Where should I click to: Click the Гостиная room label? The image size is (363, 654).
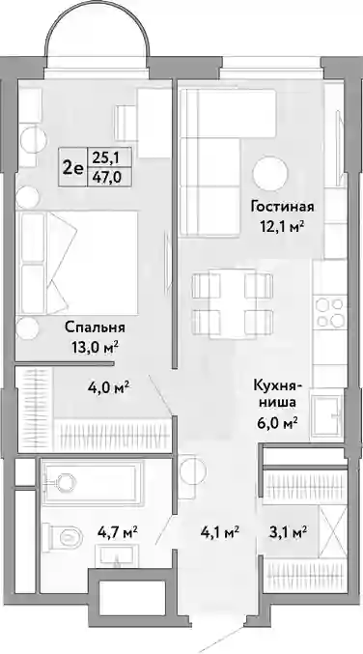coord(282,206)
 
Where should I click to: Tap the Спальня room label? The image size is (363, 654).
coord(95,327)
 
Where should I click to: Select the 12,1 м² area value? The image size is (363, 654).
coord(282,226)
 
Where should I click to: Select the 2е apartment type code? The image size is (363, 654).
coord(72,168)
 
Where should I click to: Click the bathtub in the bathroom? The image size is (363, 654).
coord(93,481)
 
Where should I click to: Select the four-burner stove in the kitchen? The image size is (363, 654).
coord(329,313)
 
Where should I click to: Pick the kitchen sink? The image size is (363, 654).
coord(328,414)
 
